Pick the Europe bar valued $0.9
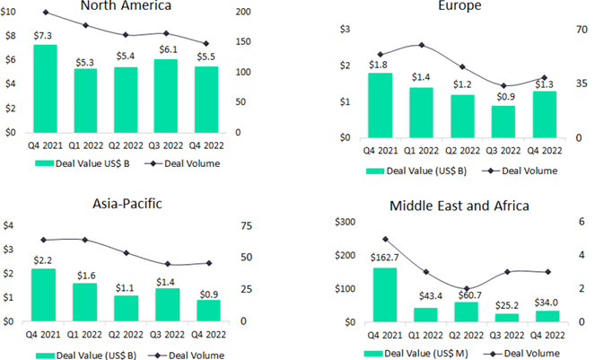click(503, 122)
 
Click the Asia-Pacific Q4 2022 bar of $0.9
click(207, 311)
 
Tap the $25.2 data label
click(507, 304)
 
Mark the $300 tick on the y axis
click(344, 222)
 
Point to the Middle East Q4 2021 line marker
click(385, 239)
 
